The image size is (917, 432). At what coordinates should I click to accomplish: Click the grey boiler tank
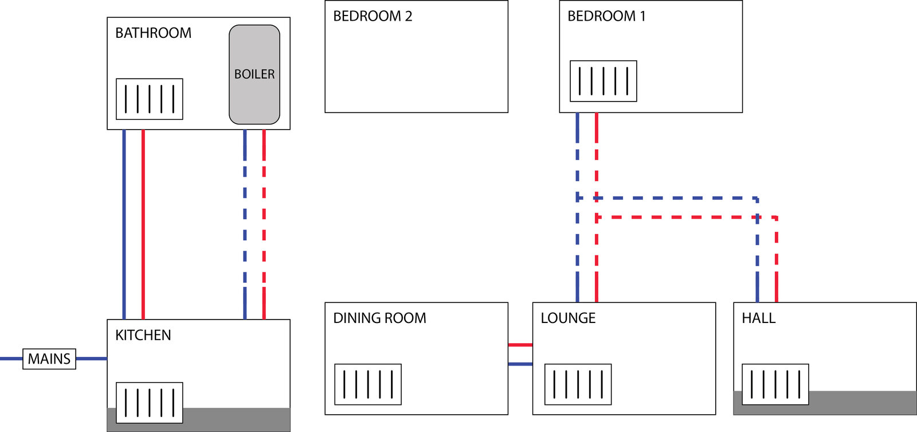(254, 75)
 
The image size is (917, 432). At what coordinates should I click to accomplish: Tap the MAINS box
(49, 359)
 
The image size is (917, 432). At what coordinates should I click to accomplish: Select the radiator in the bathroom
(150, 99)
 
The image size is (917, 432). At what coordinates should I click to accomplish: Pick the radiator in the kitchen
(150, 403)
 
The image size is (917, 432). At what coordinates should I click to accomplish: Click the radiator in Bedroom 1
(604, 81)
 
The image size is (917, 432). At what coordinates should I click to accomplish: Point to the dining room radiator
(368, 384)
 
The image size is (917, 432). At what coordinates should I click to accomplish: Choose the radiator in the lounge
(578, 384)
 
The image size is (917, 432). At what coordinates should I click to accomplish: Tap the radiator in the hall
(775, 384)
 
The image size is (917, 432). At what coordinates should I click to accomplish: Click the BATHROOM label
(153, 33)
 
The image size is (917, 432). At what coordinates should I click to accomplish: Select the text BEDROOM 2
(373, 16)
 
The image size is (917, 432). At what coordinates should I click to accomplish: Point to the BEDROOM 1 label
(606, 16)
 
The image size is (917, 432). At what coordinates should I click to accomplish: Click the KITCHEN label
(143, 335)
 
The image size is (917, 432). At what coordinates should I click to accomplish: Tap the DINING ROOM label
(379, 318)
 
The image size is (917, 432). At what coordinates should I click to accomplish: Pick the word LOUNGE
(568, 318)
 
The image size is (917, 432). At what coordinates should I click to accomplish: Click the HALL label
(759, 318)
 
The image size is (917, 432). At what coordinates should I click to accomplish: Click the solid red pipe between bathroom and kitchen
(143, 224)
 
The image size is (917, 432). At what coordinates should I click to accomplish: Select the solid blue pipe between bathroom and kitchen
(124, 224)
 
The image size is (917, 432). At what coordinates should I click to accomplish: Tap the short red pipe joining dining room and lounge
(520, 345)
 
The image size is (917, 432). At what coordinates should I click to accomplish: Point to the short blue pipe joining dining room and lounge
(520, 364)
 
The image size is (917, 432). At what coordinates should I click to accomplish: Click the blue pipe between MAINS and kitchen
(91, 359)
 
